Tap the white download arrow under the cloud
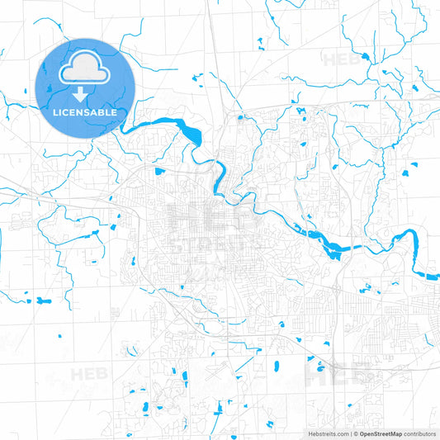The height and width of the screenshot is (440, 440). [x=80, y=93]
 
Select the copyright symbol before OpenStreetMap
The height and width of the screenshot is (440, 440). [x=356, y=433]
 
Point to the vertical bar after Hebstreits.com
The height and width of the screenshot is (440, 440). [x=350, y=433]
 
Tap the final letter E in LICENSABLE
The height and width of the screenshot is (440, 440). [x=113, y=111]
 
